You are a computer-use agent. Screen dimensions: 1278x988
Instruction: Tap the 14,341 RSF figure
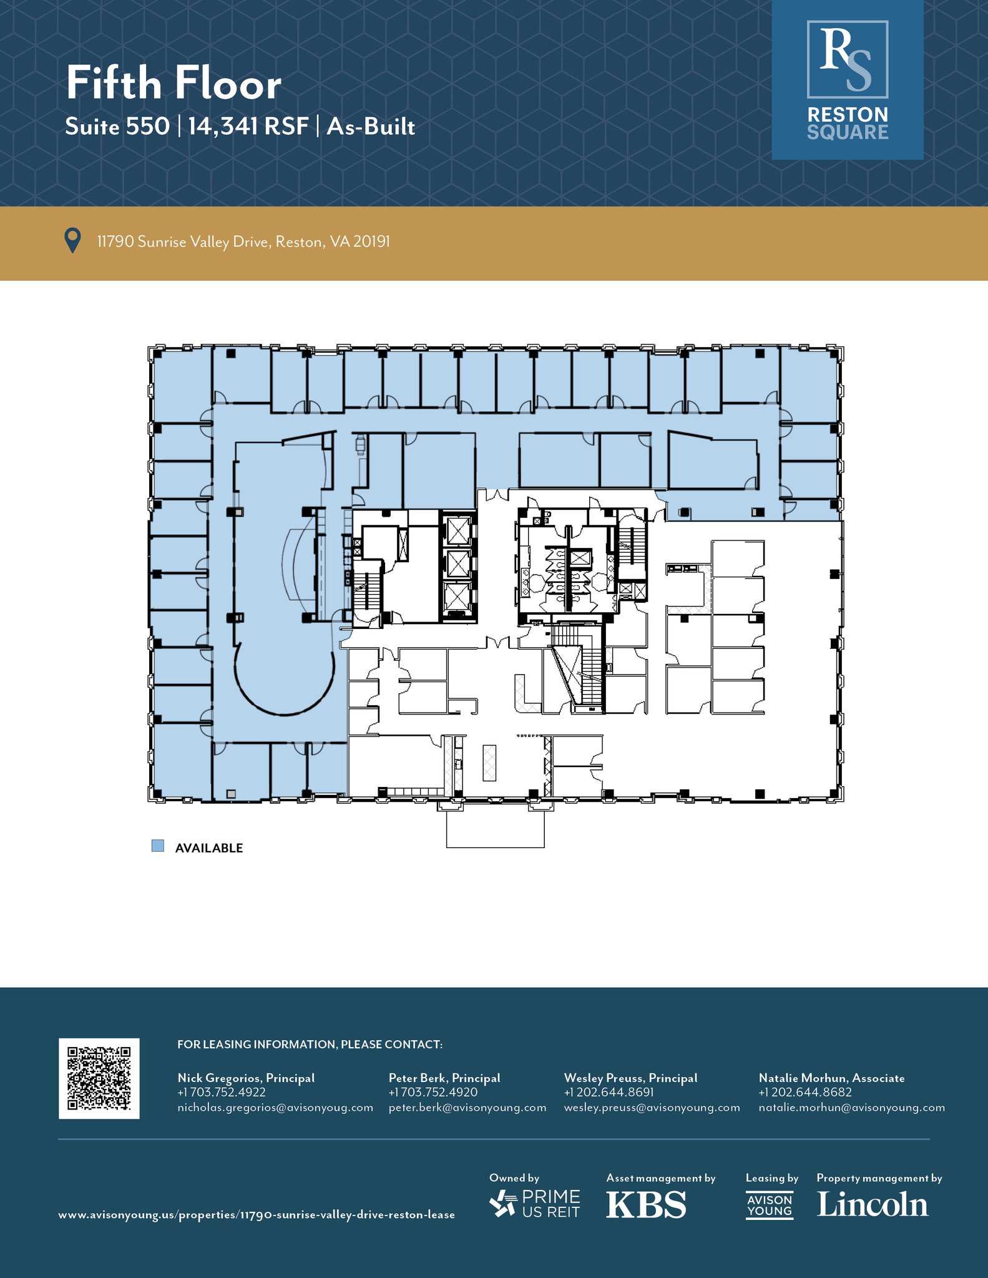click(x=248, y=127)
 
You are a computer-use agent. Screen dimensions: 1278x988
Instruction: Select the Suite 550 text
click(x=117, y=127)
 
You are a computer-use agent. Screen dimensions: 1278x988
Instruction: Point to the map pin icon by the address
click(x=73, y=241)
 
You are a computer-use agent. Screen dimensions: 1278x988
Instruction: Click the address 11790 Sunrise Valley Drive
click(x=243, y=241)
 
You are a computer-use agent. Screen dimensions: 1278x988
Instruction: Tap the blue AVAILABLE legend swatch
click(x=158, y=846)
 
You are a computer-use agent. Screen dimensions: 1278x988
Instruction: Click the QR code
click(x=99, y=1078)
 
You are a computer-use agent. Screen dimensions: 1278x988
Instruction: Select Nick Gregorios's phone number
click(x=222, y=1093)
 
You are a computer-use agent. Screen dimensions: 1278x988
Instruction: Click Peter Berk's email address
click(x=467, y=1108)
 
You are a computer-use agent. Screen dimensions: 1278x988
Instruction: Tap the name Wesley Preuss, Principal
click(x=630, y=1078)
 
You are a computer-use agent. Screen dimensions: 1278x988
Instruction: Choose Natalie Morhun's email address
click(x=851, y=1108)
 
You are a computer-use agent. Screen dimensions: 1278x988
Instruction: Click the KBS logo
click(x=646, y=1204)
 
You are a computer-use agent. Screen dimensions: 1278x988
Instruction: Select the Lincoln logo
click(x=873, y=1204)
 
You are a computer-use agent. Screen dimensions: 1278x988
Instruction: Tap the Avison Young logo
click(x=770, y=1205)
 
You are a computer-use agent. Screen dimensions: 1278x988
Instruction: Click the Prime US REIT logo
click(x=535, y=1204)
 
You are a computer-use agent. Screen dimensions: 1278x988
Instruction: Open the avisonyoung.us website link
click(x=257, y=1215)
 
